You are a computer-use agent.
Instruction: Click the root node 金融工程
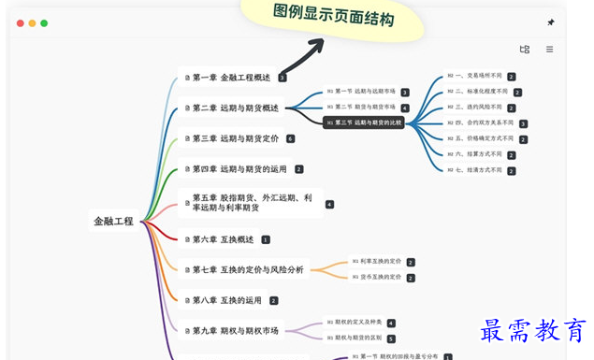(x=113, y=222)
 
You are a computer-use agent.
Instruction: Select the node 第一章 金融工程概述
(x=230, y=78)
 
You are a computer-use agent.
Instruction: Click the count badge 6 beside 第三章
(x=290, y=138)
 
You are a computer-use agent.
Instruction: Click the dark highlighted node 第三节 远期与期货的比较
(x=365, y=122)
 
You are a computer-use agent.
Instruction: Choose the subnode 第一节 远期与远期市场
(x=360, y=92)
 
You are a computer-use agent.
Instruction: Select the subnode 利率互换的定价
(x=376, y=262)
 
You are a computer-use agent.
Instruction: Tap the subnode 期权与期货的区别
(x=355, y=338)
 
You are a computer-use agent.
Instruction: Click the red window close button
(x=20, y=23)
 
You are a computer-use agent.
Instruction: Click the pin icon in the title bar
(x=550, y=22)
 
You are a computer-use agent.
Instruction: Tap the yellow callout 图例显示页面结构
(x=332, y=16)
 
